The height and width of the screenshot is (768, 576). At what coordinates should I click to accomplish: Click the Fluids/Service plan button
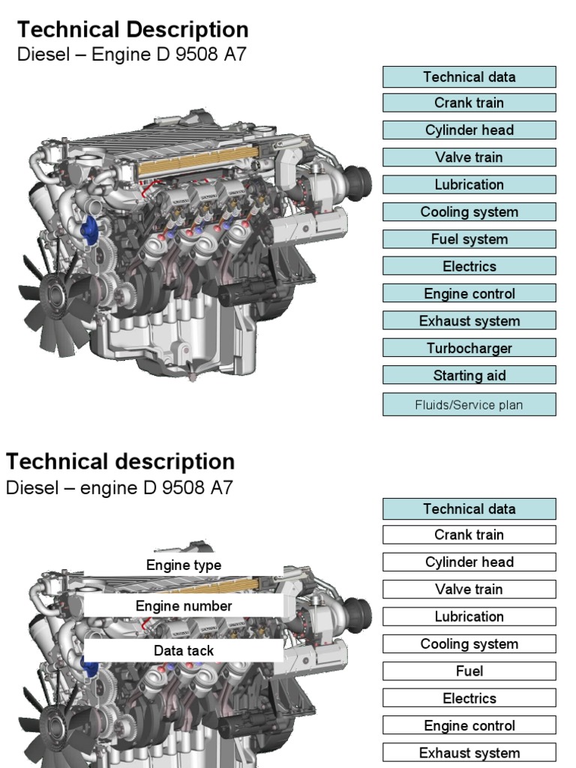pos(469,405)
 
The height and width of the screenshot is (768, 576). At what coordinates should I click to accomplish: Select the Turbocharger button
pos(469,348)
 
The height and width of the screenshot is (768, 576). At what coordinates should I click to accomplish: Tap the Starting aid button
pos(469,376)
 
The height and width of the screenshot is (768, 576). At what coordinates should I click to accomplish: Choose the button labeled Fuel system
pos(469,239)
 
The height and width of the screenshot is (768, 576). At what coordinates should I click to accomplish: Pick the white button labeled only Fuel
pos(469,671)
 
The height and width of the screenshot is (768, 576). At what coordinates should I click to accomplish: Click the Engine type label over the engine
pos(184,565)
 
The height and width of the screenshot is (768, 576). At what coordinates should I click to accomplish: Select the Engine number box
pos(184,605)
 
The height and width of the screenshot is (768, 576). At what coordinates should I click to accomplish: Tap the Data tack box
pos(184,650)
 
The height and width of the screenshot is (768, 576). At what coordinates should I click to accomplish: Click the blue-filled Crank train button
pos(469,103)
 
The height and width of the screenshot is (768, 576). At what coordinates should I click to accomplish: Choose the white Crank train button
pos(469,535)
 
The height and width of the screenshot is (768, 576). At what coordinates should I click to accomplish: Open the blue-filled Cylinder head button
pos(469,130)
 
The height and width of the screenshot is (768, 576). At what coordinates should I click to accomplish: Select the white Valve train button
pos(469,589)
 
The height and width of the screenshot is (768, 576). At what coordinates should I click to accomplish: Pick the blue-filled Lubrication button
pos(469,184)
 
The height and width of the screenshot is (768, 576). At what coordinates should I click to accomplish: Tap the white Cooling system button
pos(469,643)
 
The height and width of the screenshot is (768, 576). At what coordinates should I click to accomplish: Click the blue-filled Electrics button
pos(469,266)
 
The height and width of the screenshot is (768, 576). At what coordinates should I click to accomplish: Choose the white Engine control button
pos(469,725)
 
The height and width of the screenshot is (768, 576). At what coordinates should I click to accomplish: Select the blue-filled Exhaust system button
pos(469,321)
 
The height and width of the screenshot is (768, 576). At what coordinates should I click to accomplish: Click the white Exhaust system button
pos(469,753)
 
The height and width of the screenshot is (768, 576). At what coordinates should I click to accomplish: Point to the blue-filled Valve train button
pos(469,157)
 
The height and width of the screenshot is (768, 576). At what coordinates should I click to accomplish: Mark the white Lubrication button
pos(469,616)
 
